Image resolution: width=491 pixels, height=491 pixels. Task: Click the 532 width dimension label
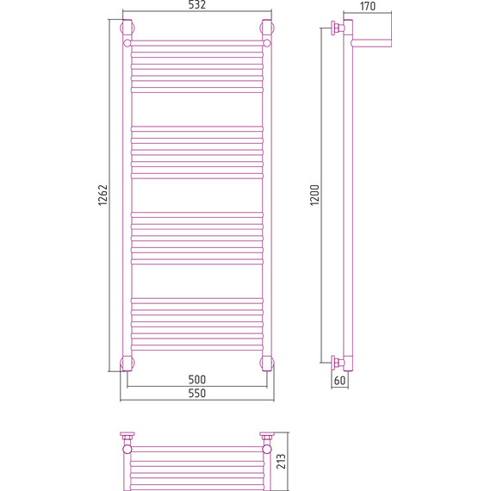click(197, 4)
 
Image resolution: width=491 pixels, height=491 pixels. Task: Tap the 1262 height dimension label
click(103, 195)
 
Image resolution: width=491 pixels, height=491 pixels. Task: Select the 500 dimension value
click(197, 380)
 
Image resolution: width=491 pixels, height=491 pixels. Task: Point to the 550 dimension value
click(197, 393)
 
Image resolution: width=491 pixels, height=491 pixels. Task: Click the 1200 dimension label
click(314, 195)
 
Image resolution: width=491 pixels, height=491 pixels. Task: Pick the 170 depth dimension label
click(367, 6)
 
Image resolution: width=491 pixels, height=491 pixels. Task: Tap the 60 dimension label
click(339, 381)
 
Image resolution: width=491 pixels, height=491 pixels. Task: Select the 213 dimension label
click(281, 461)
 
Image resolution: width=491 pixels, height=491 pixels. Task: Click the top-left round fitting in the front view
click(127, 28)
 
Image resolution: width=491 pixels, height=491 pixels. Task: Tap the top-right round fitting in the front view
click(267, 28)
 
